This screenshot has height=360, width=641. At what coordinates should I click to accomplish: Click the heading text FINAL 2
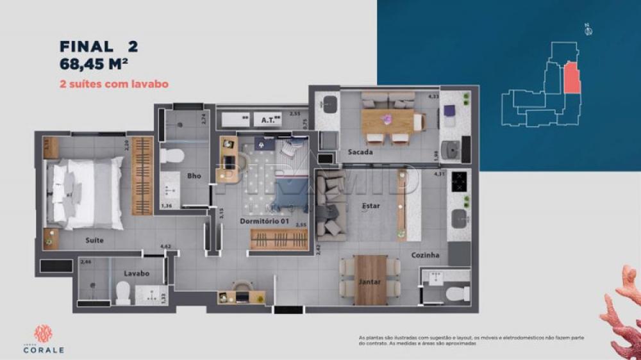(98, 46)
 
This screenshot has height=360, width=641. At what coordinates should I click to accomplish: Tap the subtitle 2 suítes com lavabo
(113, 84)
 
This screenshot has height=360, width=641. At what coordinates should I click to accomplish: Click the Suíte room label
(94, 240)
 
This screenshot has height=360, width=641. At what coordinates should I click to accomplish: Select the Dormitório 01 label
(265, 222)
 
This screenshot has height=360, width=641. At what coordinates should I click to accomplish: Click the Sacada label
(361, 152)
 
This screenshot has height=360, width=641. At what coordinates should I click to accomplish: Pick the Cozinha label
(426, 255)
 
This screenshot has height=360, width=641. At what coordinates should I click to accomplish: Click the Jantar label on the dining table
(369, 281)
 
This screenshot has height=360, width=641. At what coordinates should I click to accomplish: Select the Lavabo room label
(137, 274)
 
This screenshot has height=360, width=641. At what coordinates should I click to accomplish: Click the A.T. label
(269, 120)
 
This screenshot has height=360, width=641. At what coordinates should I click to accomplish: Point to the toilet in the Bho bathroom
(172, 156)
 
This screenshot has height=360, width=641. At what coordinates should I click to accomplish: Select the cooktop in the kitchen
(460, 183)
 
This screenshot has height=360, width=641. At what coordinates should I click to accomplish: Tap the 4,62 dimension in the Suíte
(165, 246)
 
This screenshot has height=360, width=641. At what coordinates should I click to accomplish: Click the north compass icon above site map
(587, 29)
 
